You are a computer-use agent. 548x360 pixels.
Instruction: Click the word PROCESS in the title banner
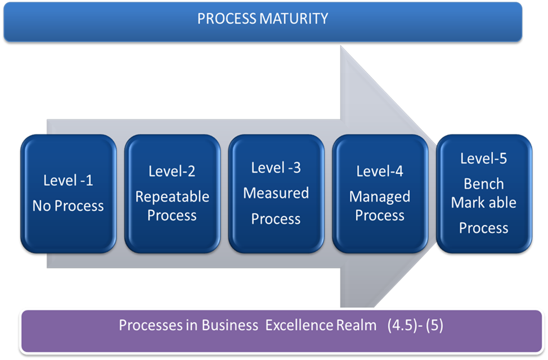(227, 19)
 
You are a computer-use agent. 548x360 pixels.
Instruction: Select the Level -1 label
(68, 181)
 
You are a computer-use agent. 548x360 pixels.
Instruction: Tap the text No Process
(68, 206)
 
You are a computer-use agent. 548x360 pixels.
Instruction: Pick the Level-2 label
(172, 171)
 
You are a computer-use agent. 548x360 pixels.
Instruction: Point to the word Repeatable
(172, 197)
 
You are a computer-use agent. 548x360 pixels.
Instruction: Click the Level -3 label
(276, 168)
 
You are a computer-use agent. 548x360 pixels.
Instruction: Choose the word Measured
(276, 193)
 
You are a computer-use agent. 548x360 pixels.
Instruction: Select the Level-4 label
(380, 171)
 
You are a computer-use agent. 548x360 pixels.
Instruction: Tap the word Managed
(380, 197)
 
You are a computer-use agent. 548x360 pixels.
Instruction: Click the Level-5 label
(484, 159)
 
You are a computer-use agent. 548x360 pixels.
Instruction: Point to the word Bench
(484, 184)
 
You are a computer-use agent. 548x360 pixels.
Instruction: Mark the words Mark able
(484, 202)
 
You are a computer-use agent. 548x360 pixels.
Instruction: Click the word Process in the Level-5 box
(484, 228)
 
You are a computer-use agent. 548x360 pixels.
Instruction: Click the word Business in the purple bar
(230, 325)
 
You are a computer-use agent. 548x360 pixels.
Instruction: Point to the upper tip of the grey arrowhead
(341, 46)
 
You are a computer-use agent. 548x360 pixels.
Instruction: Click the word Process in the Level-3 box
(276, 219)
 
